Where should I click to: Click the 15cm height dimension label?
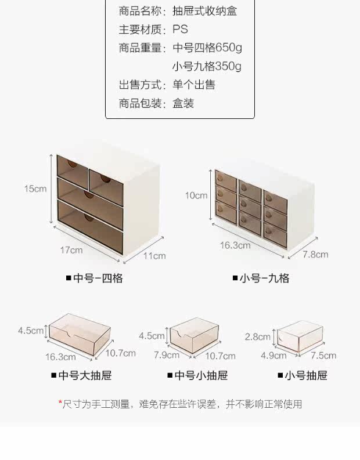point(35,189)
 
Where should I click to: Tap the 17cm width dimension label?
point(71,250)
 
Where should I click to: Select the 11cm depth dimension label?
point(154,255)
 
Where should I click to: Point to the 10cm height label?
point(196,195)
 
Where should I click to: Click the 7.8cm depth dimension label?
point(316,254)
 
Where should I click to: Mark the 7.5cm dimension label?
point(323,355)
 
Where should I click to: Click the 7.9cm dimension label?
point(167,355)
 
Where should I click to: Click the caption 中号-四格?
point(94,278)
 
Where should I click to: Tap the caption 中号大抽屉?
point(81,375)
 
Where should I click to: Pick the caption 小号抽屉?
point(302,375)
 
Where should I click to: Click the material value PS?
point(181,30)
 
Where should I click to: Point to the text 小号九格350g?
point(207,66)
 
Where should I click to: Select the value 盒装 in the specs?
point(183,104)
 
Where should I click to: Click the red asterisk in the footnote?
point(60,403)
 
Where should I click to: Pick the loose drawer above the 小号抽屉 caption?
point(298,337)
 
